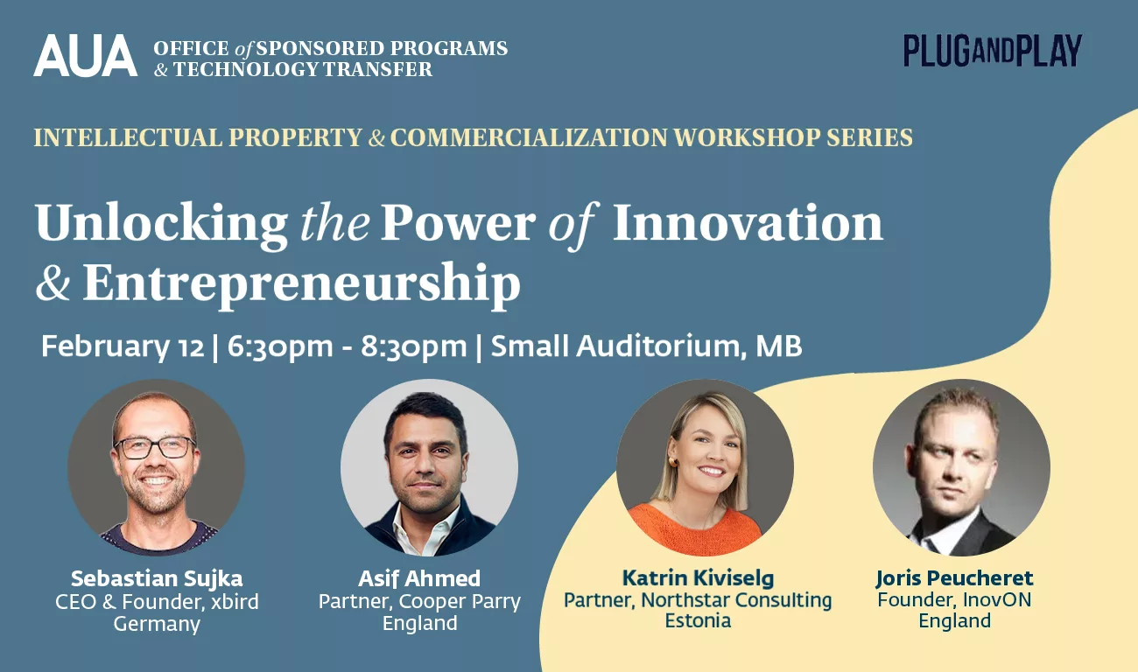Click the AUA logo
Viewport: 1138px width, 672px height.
pyautogui.click(x=85, y=56)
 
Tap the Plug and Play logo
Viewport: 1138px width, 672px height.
pyautogui.click(x=993, y=51)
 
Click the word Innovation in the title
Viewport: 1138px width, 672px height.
pyautogui.click(x=748, y=223)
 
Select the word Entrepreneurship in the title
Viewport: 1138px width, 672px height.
pyautogui.click(x=301, y=283)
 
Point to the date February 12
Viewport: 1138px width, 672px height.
pyautogui.click(x=122, y=346)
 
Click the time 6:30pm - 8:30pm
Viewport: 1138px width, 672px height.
pyautogui.click(x=348, y=346)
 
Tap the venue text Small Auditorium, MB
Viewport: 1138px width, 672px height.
pyautogui.click(x=646, y=346)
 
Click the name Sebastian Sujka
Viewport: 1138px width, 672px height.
pyautogui.click(x=157, y=578)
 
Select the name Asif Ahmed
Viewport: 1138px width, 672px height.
pyautogui.click(x=419, y=578)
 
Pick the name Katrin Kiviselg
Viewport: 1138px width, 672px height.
pyautogui.click(x=698, y=577)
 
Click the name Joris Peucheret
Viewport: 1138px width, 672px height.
pyautogui.click(x=954, y=577)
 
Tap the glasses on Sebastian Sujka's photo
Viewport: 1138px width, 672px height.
pyautogui.click(x=155, y=447)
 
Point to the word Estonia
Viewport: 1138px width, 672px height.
pyautogui.click(x=698, y=621)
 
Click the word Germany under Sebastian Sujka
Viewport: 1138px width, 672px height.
pyautogui.click(x=157, y=624)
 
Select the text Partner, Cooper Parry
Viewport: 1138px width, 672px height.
pyautogui.click(x=419, y=601)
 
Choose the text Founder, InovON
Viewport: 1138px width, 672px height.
pyautogui.click(x=954, y=599)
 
